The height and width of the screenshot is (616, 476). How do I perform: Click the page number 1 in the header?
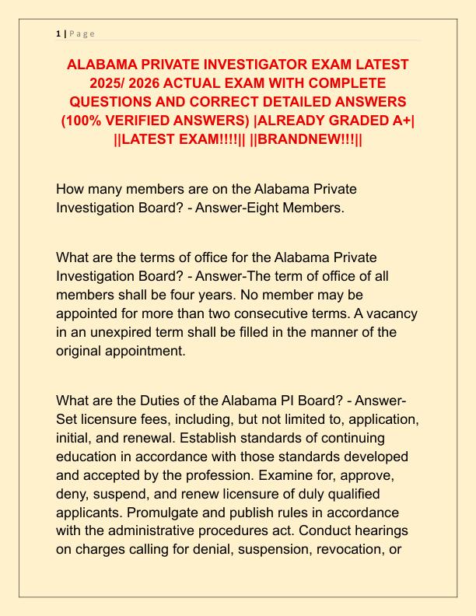(58, 33)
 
